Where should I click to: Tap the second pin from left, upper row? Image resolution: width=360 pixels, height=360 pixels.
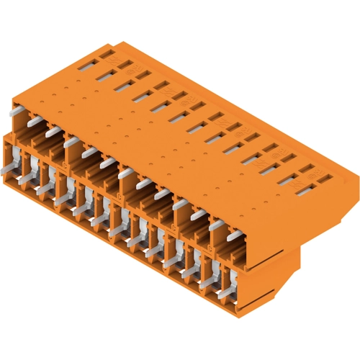[33, 123]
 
